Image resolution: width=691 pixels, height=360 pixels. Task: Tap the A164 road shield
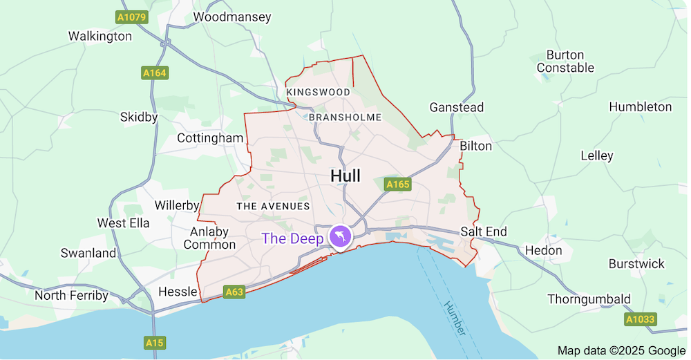coord(155,73)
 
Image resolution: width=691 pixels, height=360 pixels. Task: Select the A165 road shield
coord(397,184)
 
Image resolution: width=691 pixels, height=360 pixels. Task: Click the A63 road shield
coord(234,292)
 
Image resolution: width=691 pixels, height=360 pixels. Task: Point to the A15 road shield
coord(153,342)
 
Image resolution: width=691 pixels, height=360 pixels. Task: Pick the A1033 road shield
coord(640,319)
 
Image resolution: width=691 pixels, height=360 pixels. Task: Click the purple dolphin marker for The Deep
coord(340,237)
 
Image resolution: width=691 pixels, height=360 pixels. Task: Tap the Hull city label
coord(345,176)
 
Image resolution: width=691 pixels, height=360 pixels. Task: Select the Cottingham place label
coord(210,138)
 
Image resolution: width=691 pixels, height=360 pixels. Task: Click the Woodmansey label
coord(232,17)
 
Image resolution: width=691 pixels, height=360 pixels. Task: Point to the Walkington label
coord(100,36)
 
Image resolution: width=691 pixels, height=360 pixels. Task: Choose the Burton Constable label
coord(565,61)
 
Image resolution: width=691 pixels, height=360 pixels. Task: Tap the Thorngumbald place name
coord(589,299)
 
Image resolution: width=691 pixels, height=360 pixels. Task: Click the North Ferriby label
coord(71,296)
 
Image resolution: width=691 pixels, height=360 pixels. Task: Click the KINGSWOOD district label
coord(319,92)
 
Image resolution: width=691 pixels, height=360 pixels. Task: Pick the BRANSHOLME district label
coord(345,117)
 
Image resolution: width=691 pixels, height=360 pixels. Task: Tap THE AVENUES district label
coord(273,206)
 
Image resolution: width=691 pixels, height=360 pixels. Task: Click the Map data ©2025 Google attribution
coord(621,350)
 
